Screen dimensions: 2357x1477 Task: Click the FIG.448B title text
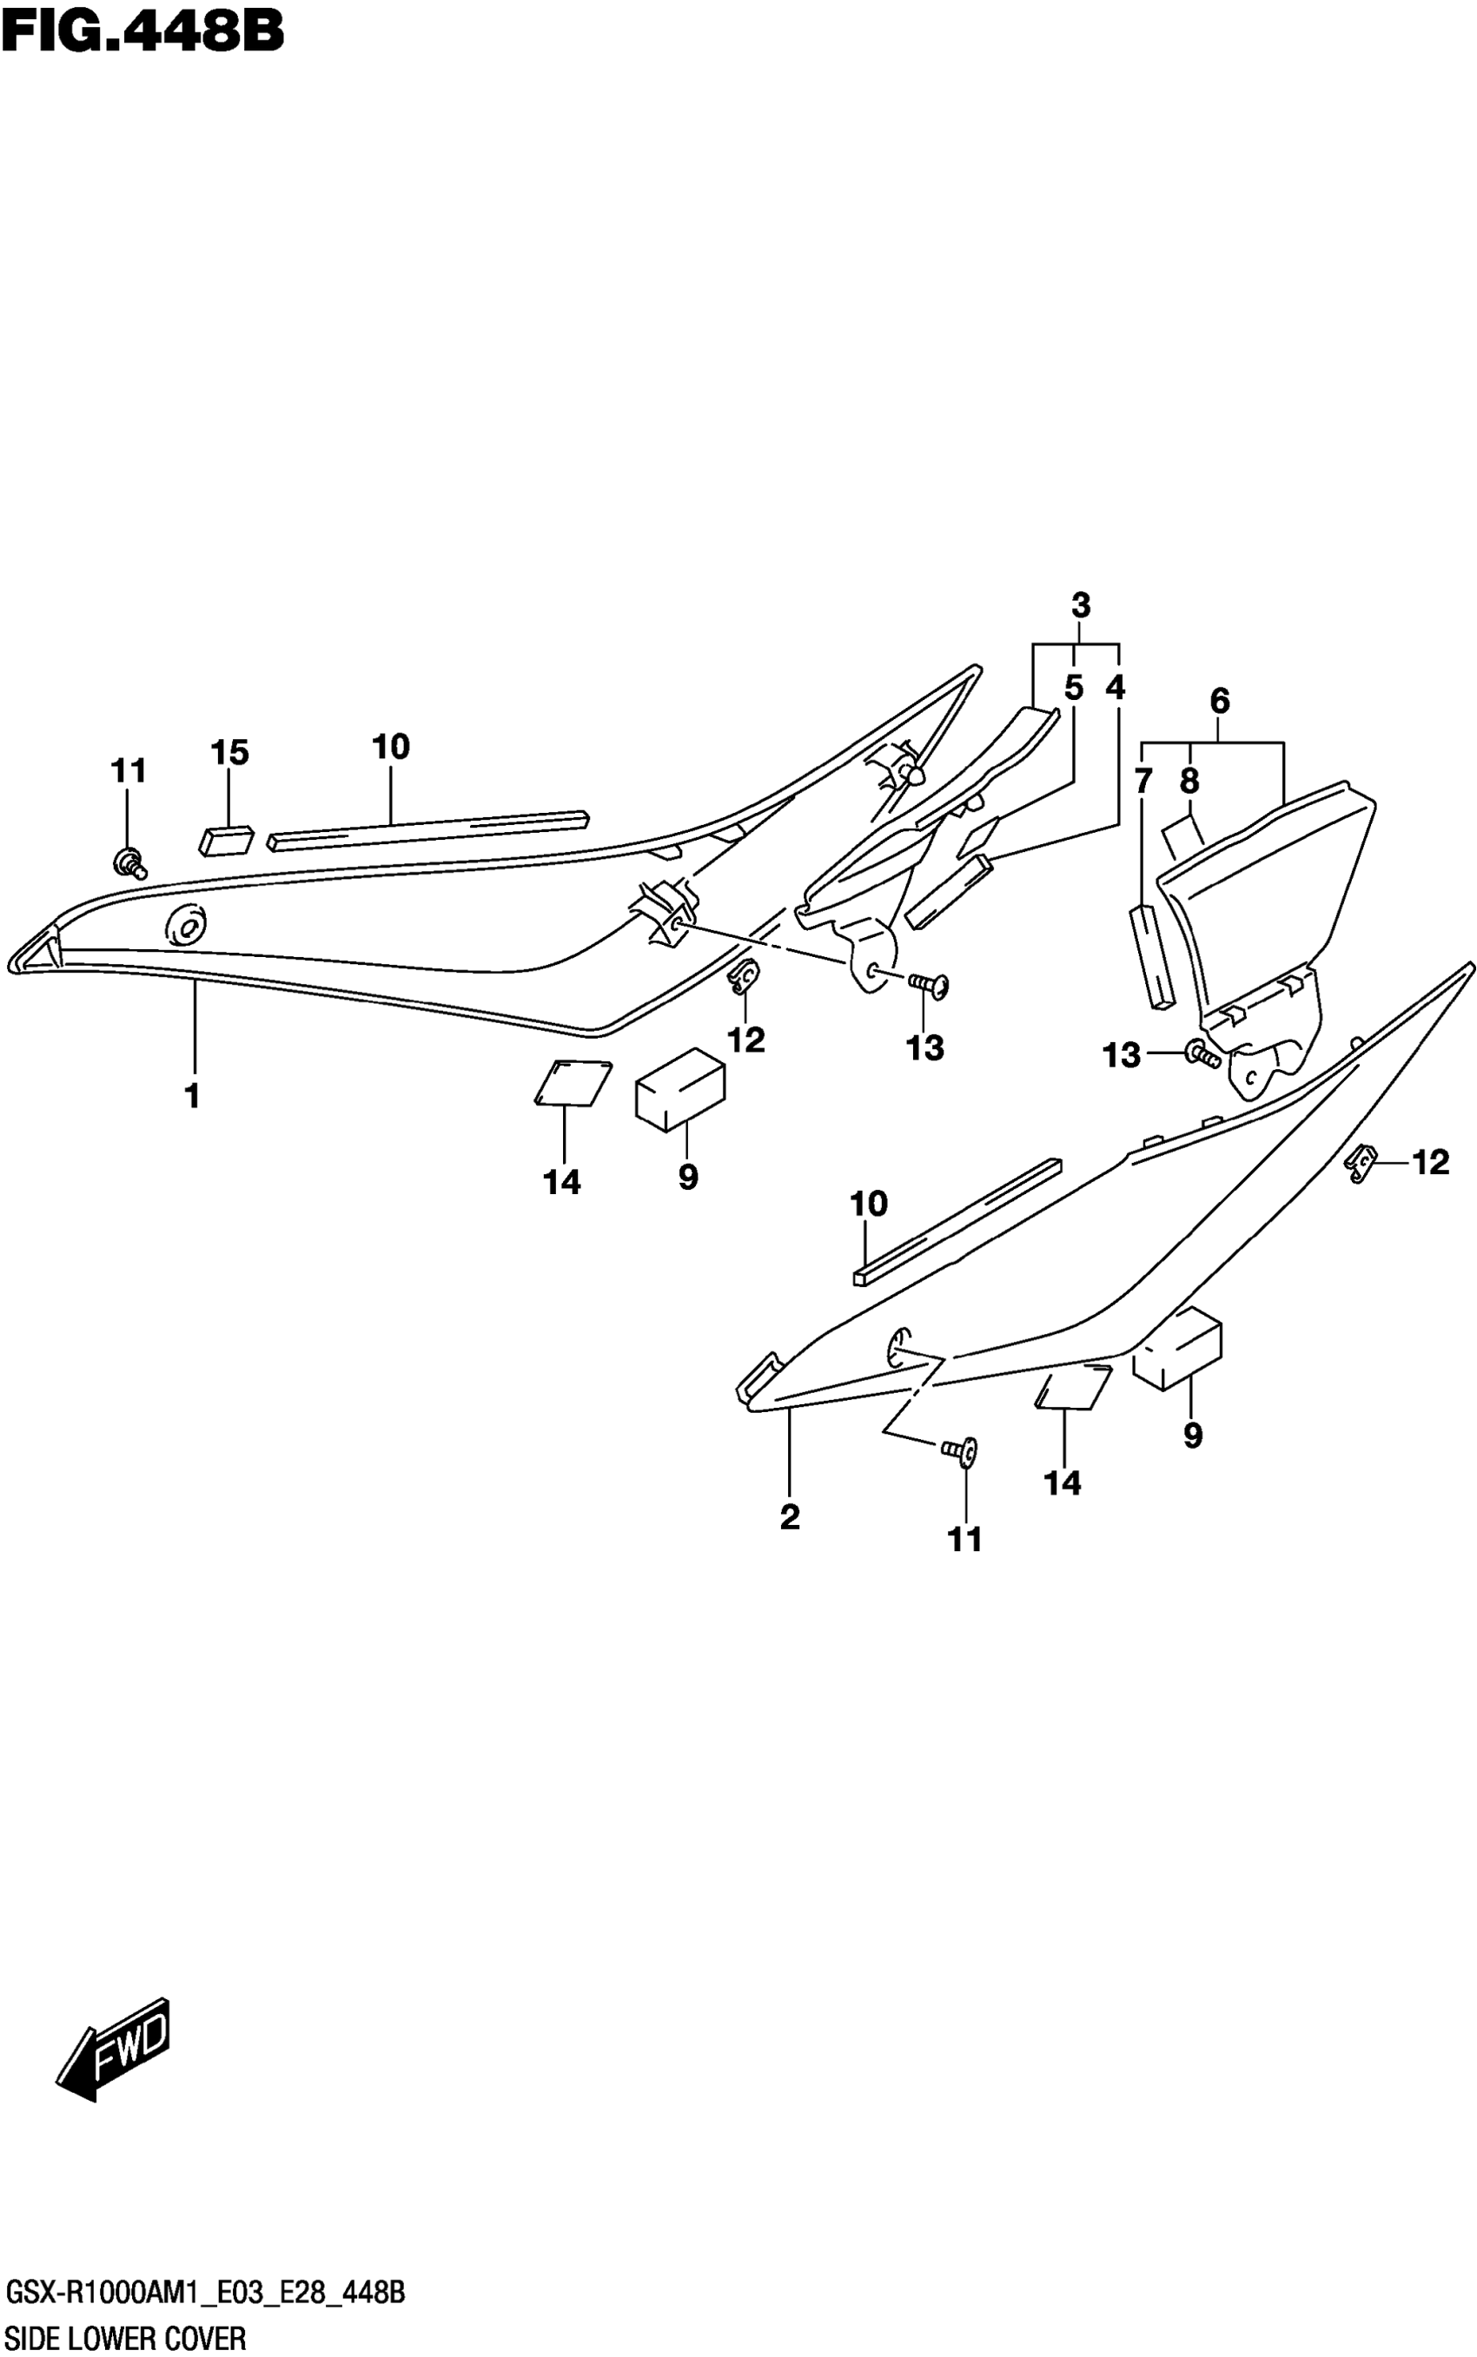pyautogui.click(x=142, y=31)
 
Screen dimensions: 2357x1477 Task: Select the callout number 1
pyautogui.click(x=192, y=1095)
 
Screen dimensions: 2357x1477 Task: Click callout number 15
pyautogui.click(x=229, y=752)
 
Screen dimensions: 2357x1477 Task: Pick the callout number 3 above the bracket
pyautogui.click(x=1081, y=605)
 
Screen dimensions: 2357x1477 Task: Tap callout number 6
pyautogui.click(x=1219, y=700)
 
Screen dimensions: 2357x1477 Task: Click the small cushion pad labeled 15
pyautogui.click(x=227, y=840)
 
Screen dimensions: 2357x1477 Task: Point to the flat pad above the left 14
pyautogui.click(x=573, y=1082)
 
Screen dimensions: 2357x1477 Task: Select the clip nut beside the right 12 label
pyautogui.click(x=1361, y=1165)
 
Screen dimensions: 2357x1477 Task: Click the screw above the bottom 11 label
pyautogui.click(x=959, y=1452)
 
